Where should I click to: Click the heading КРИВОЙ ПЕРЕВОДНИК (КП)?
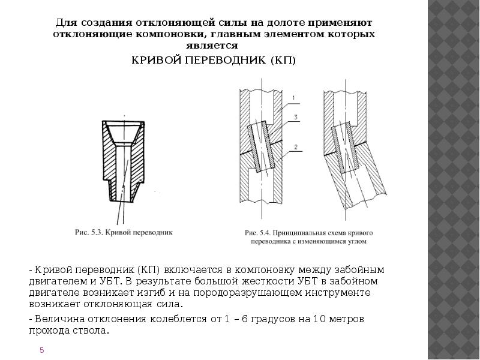[214, 61]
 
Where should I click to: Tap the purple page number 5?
[42, 350]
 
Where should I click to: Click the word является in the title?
[214, 45]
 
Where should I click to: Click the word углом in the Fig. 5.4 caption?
[354, 242]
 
